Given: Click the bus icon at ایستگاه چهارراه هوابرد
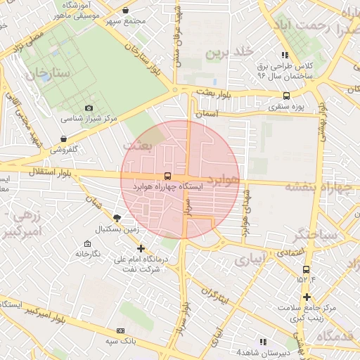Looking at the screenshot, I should [x=167, y=176].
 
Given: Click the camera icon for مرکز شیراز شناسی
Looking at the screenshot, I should [x=89, y=108].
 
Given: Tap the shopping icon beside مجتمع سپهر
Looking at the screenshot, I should [x=125, y=11].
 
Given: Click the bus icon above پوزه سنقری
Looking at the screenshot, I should [x=286, y=96].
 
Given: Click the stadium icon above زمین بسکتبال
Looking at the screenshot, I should [x=116, y=219].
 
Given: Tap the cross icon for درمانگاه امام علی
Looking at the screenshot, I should [x=141, y=248].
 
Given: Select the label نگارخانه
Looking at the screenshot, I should [x=88, y=252].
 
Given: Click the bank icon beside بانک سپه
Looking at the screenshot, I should [x=120, y=330].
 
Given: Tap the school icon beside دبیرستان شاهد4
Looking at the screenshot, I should [x=263, y=342].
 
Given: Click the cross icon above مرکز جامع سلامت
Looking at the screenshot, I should [x=304, y=298].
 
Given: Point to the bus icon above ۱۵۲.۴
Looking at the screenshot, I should [x=305, y=269].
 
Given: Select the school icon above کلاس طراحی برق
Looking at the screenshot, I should [x=284, y=55].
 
